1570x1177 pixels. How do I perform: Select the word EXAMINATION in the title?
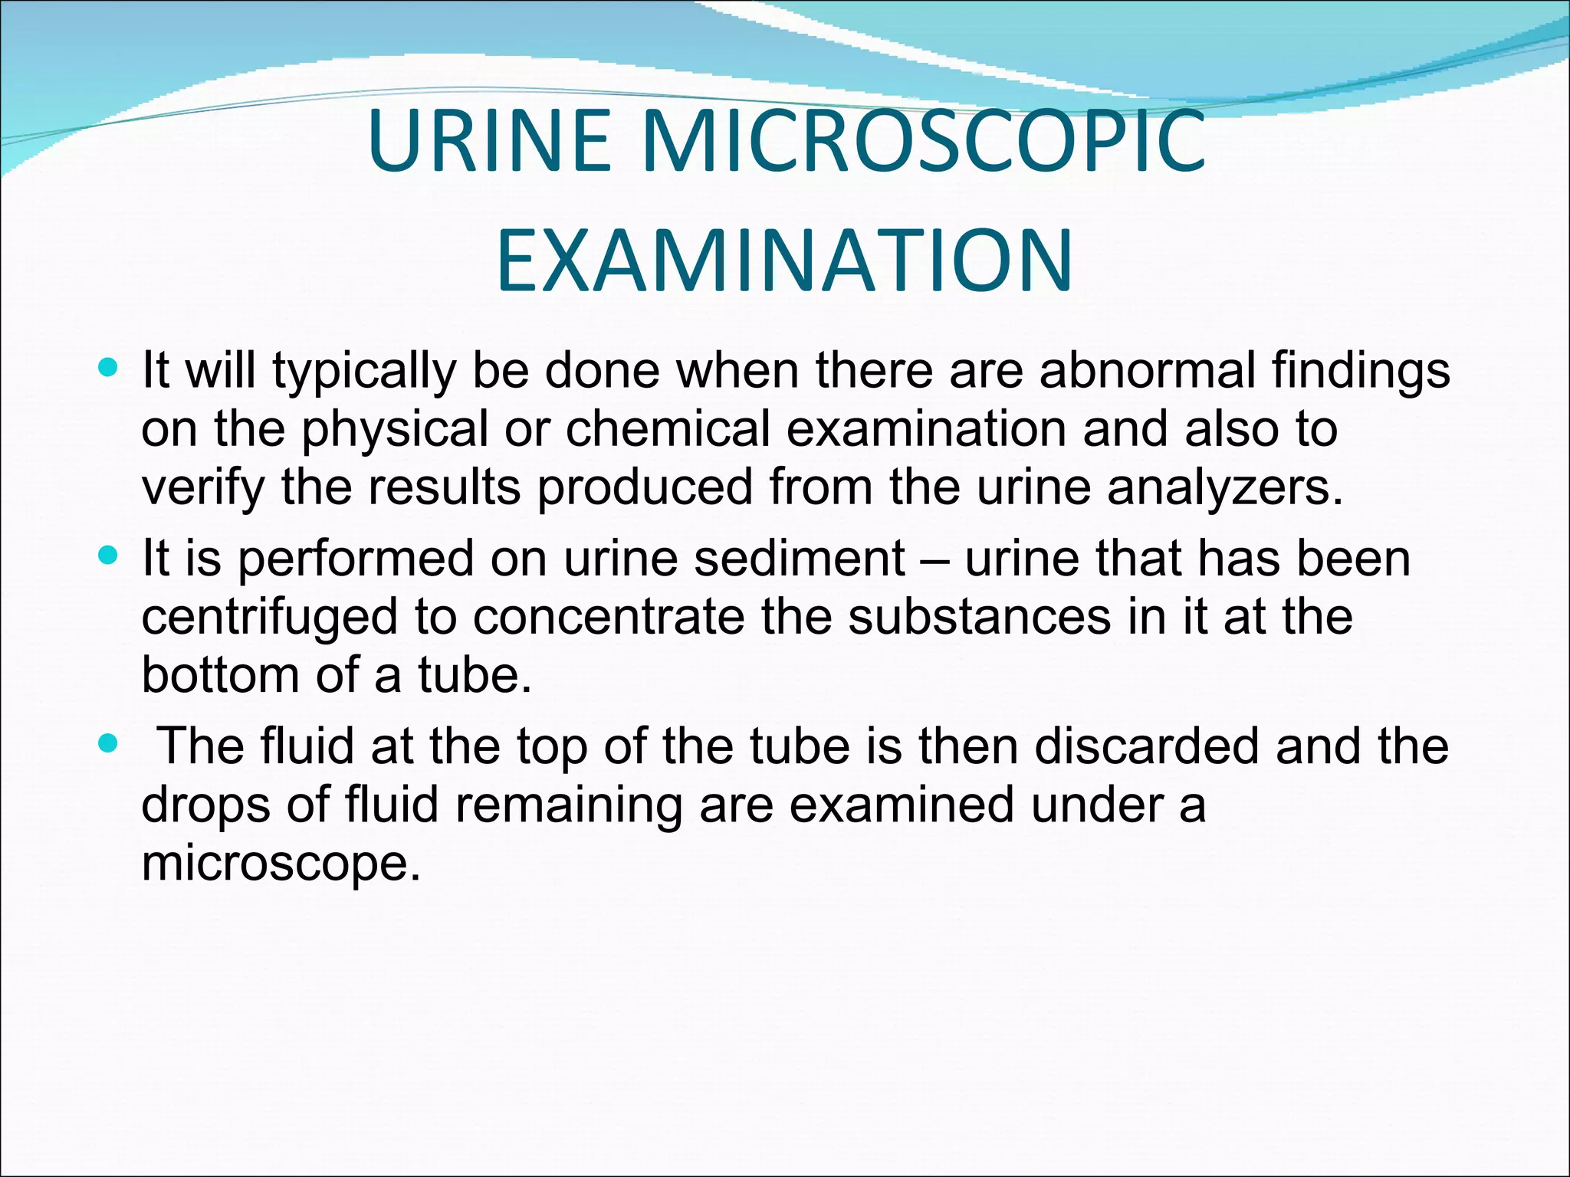(784, 261)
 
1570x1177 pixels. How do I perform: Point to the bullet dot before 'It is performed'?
(109, 556)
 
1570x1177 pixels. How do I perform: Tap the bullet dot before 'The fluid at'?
(109, 743)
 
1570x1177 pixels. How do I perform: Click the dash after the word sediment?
(934, 559)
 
